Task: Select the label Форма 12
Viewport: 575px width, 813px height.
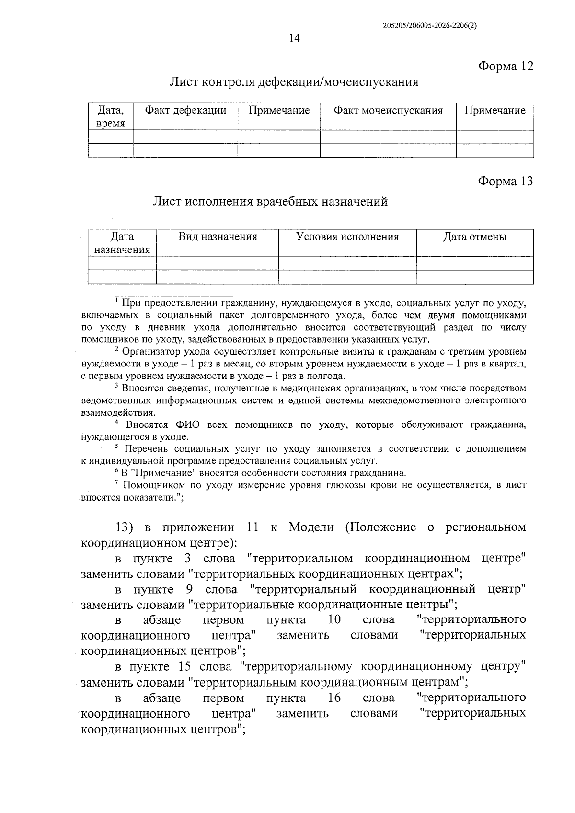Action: coord(506,67)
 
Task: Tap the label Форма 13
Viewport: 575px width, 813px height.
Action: coord(506,182)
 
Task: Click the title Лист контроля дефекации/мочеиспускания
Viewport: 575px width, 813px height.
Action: coord(294,82)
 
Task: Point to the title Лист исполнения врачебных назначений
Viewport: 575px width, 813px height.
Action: coord(270,202)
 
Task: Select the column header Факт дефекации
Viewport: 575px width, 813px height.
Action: coord(185,111)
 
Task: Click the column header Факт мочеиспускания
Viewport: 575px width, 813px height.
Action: coord(388,111)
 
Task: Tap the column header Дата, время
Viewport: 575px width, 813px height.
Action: coord(111,117)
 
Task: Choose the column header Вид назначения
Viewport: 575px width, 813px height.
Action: coord(218,237)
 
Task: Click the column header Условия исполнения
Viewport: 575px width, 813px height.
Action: coord(347,237)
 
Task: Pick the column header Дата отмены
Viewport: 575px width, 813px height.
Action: coord(474,237)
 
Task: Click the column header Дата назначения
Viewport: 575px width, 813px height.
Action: coord(122,243)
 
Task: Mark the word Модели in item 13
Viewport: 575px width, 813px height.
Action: coord(311,528)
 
